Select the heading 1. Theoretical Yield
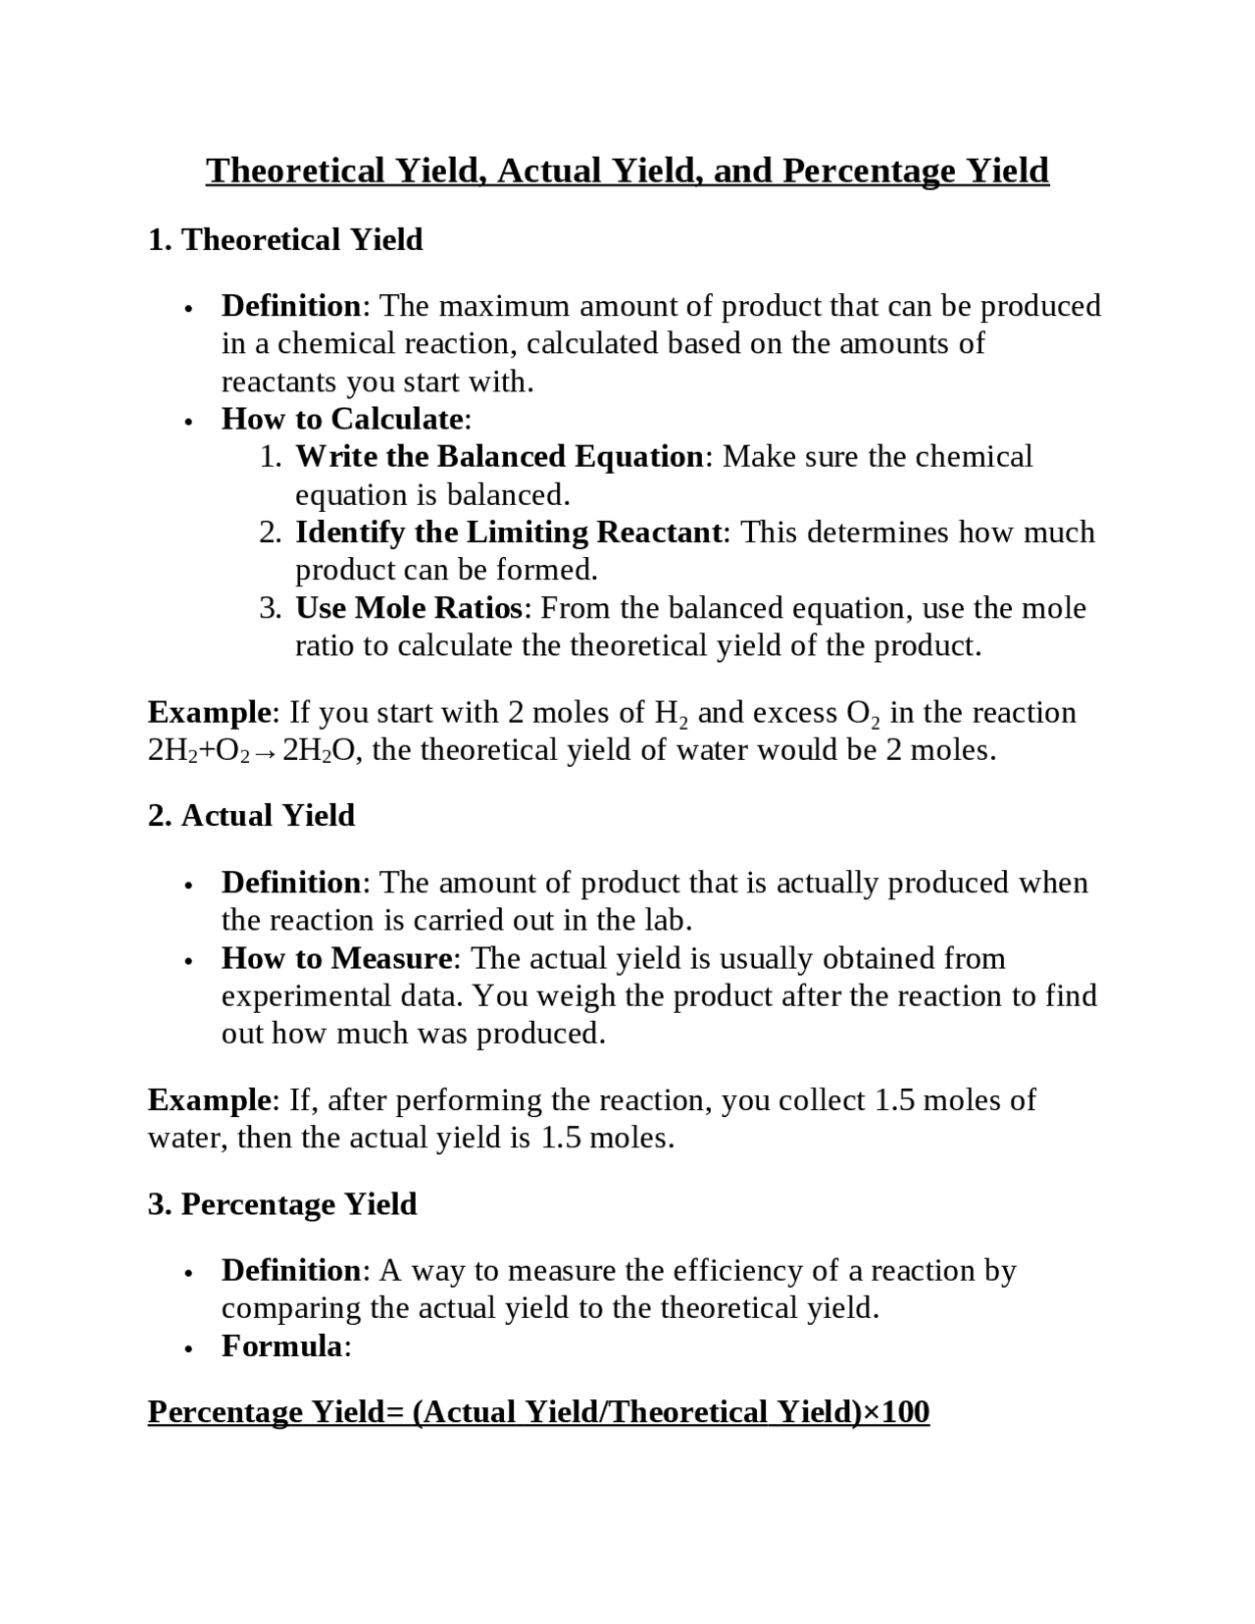point(285,240)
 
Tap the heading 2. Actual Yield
point(251,816)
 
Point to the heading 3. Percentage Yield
point(282,1204)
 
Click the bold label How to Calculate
point(342,419)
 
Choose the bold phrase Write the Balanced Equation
point(499,457)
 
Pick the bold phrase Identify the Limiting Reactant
point(509,533)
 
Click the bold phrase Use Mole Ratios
point(409,608)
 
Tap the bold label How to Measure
point(336,958)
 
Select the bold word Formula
point(281,1346)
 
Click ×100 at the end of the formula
point(895,1412)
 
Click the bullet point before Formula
point(187,1348)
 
